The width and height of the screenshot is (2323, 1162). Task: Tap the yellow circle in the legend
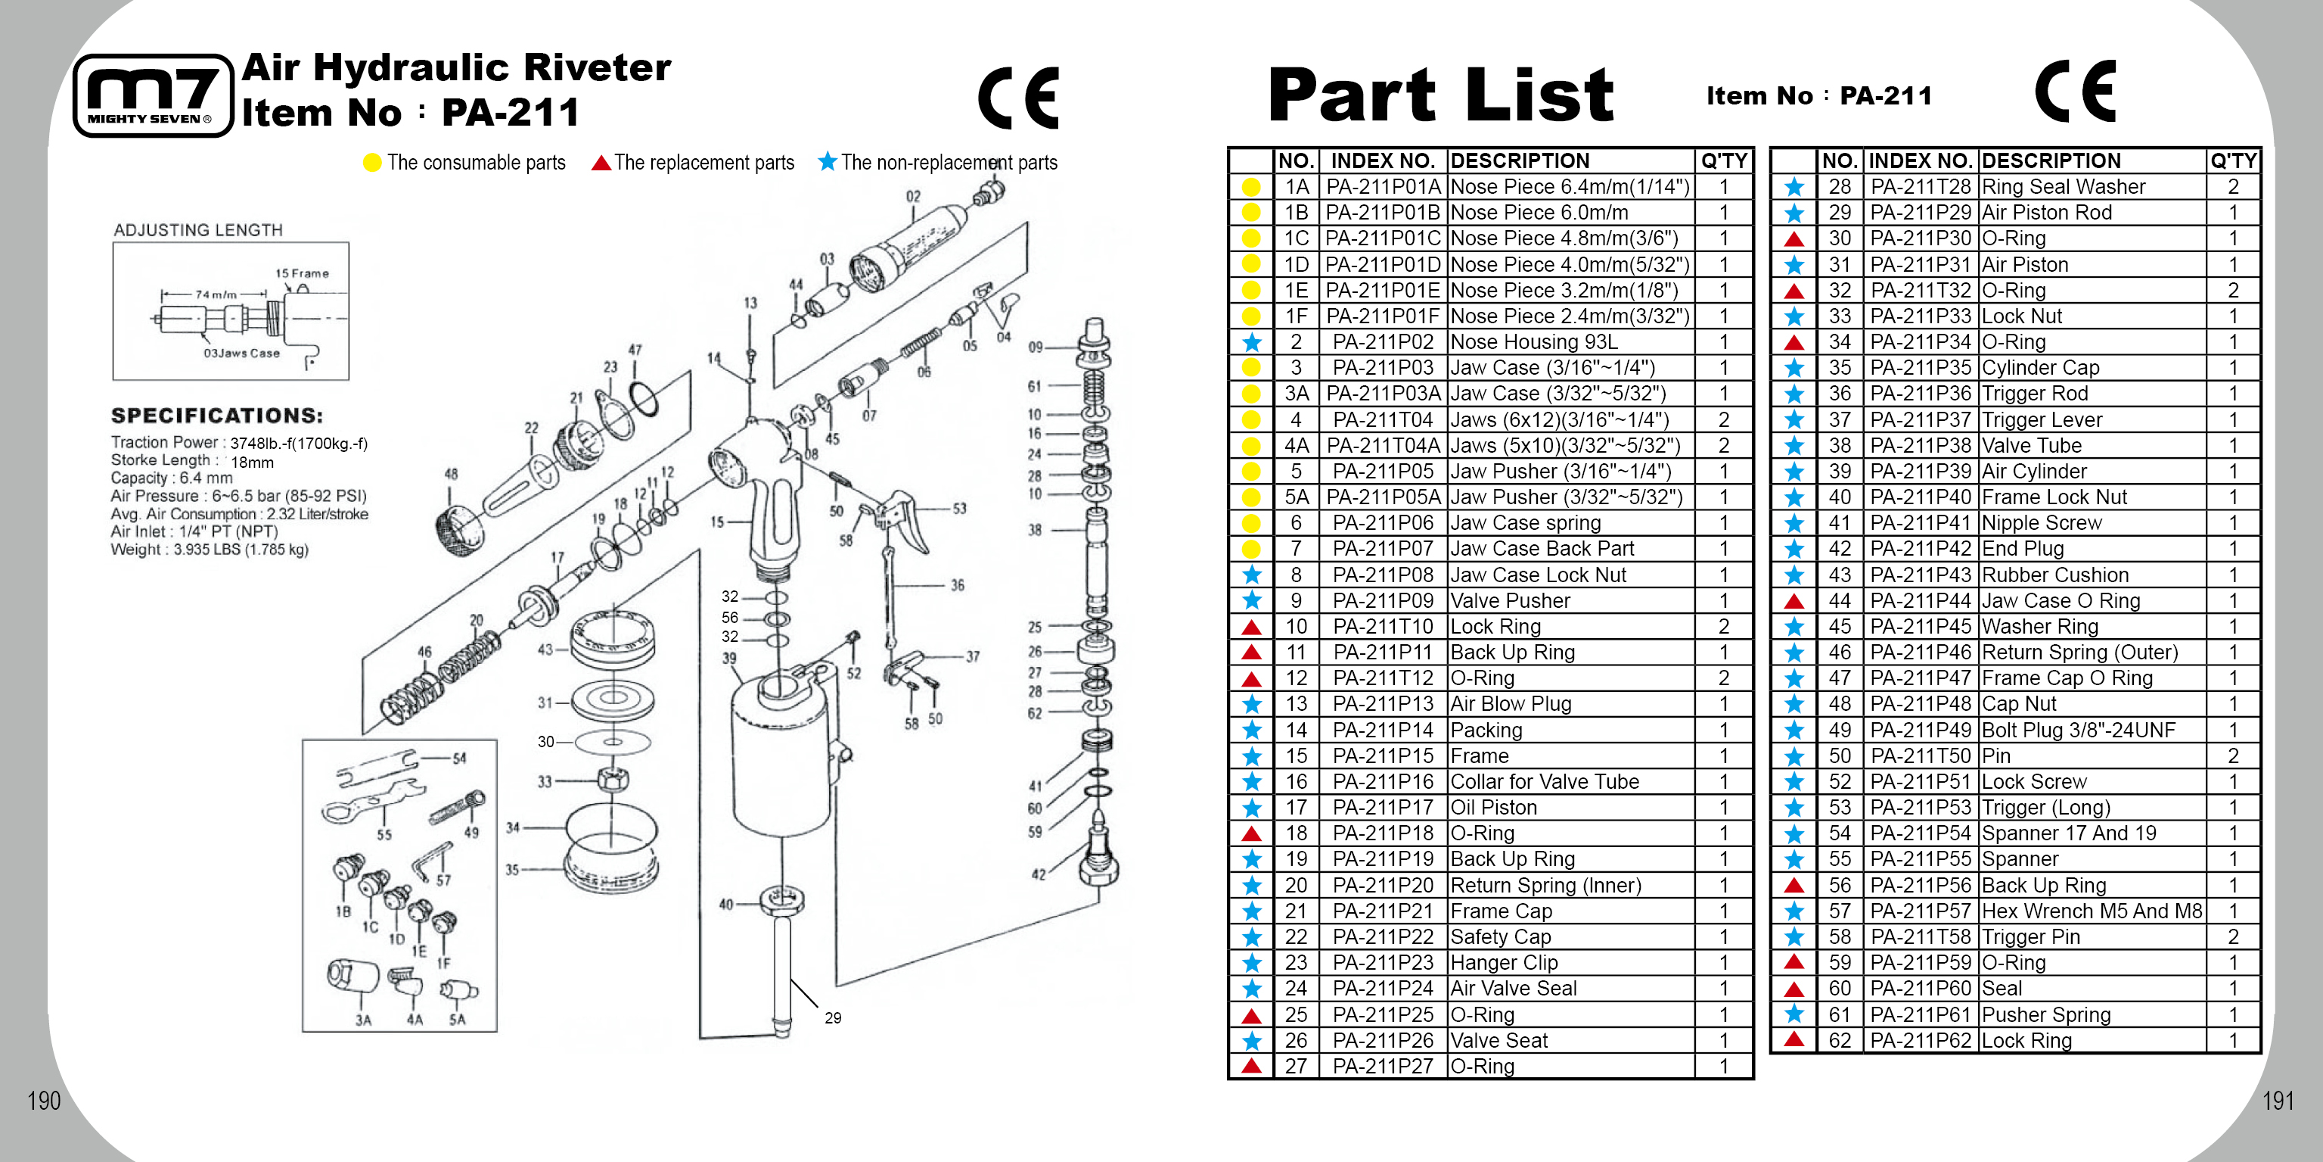[x=371, y=164]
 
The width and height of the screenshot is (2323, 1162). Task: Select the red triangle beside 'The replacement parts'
[x=601, y=164]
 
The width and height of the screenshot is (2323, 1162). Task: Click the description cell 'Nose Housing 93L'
[x=1534, y=342]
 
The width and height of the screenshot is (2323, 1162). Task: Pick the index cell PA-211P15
[x=1383, y=756]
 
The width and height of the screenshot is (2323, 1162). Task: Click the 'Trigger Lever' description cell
[x=2042, y=419]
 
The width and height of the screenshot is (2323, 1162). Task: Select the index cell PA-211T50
[x=1921, y=756]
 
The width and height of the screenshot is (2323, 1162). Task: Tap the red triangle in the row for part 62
[x=1793, y=1039]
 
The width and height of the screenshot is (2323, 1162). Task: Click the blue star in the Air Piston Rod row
[x=1793, y=213]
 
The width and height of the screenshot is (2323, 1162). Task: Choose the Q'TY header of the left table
[x=1723, y=160]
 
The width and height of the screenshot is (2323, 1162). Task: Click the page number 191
[x=2278, y=1101]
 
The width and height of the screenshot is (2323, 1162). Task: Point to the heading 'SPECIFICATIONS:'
[x=216, y=416]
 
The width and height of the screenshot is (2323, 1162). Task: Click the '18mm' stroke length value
[x=253, y=462]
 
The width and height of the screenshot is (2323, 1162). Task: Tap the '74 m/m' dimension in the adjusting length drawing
[x=216, y=294]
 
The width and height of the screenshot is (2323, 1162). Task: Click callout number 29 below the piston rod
[x=832, y=1017]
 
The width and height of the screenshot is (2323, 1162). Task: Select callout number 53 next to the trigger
[x=959, y=509]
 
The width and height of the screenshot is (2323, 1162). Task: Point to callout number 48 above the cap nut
[x=451, y=474]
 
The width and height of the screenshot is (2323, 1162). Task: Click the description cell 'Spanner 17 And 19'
[x=2069, y=833]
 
